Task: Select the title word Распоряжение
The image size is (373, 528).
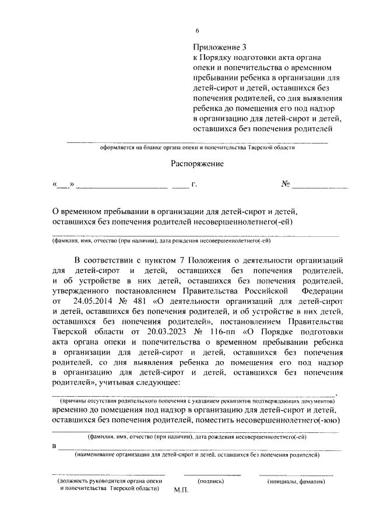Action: click(197, 164)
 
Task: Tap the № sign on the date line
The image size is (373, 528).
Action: click(286, 185)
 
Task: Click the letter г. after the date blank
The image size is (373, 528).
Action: click(193, 186)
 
